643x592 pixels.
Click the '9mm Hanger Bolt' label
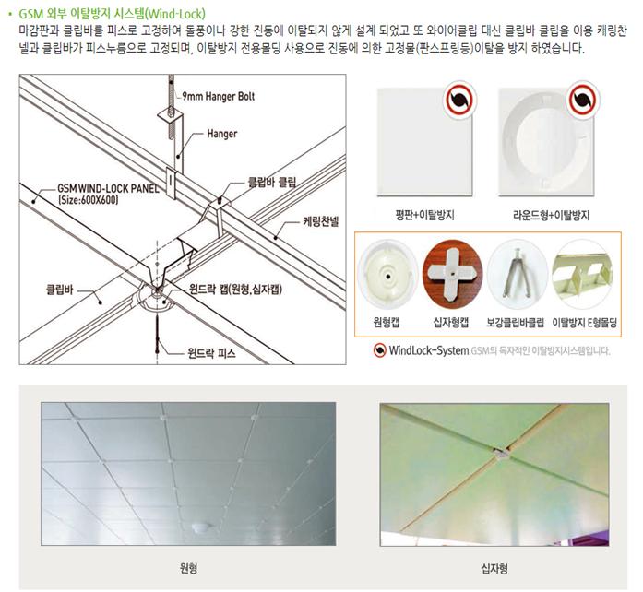[218, 96]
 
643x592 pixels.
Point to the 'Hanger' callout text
[221, 134]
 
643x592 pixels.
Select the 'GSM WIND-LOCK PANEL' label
[108, 189]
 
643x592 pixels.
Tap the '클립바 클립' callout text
[272, 182]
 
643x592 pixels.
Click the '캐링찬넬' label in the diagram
[321, 222]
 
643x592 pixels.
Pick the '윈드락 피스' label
[211, 352]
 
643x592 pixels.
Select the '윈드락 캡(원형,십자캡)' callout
[235, 289]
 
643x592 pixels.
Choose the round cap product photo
[387, 274]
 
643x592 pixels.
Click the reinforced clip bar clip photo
[518, 274]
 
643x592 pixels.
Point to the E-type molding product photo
[582, 274]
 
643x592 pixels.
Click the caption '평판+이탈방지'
[424, 215]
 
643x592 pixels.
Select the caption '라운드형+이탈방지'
[551, 215]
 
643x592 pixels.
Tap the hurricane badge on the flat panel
[459, 100]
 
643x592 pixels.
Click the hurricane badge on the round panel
[583, 100]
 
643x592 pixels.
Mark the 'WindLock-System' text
[429, 350]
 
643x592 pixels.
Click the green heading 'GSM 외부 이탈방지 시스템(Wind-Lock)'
[112, 14]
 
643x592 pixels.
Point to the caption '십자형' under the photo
[494, 569]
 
